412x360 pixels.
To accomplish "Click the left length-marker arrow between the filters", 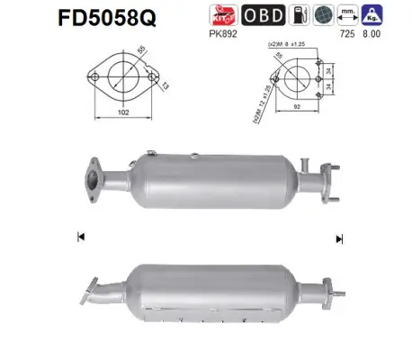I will tap(82, 238).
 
